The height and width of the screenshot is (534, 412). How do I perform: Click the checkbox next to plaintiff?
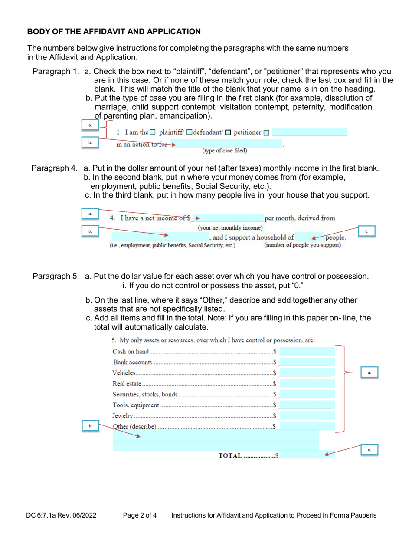(152, 132)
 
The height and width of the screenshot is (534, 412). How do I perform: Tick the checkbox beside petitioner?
(229, 132)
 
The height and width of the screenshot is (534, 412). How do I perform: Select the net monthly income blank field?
(232, 218)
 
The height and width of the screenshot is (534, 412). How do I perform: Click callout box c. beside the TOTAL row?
(369, 450)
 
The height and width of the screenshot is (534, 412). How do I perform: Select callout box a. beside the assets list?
(369, 372)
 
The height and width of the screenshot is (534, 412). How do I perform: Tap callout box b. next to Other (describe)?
(90, 426)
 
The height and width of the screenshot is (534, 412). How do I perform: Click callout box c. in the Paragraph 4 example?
(366, 231)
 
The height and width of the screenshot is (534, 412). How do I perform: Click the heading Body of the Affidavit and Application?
(114, 32)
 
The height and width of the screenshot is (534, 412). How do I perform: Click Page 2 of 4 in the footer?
(140, 516)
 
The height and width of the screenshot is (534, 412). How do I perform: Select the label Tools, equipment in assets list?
(135, 405)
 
